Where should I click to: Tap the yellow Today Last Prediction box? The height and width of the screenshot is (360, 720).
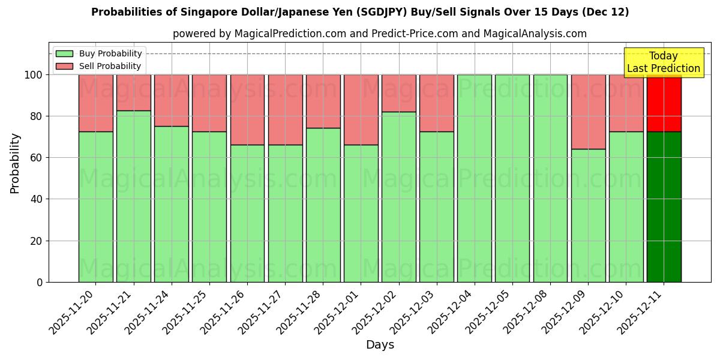664,62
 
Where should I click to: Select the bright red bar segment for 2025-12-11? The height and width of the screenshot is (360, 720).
664,103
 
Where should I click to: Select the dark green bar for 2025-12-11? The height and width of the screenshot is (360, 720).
664,207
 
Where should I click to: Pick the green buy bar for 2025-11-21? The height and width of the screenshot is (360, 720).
134,196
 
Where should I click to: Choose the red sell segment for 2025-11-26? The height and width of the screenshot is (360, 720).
247,110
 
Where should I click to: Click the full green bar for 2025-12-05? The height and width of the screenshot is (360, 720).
512,178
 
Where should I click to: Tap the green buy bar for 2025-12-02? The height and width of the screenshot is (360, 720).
398,197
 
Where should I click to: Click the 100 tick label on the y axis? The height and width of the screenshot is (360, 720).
34,75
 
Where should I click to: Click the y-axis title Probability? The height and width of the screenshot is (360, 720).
15,163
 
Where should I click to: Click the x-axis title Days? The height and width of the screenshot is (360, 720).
380,345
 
